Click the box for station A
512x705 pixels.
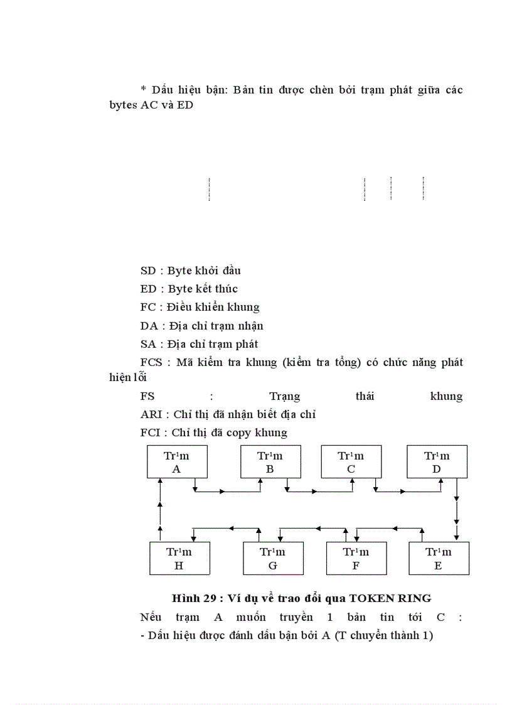point(176,462)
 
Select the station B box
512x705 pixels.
point(270,462)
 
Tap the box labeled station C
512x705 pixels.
point(351,462)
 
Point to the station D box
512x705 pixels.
point(437,462)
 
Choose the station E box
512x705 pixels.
point(439,558)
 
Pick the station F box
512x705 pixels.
point(356,558)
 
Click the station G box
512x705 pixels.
point(272,558)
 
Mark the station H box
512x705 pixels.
point(179,558)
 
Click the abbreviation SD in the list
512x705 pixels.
point(148,271)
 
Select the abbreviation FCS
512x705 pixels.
point(151,362)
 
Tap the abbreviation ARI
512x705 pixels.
point(151,414)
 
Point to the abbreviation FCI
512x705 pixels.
point(151,433)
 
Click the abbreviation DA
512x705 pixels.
point(149,326)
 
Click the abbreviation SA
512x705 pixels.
point(148,344)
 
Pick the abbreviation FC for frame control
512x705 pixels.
point(148,308)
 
